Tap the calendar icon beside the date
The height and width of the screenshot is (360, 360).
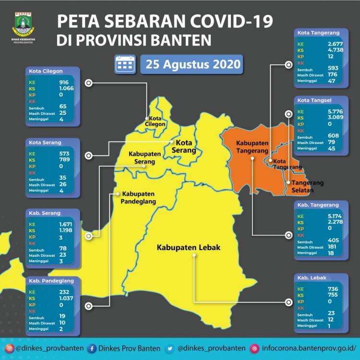[125, 64]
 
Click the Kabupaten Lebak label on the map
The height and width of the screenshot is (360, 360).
[188, 248]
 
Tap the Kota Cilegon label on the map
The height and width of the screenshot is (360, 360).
[157, 121]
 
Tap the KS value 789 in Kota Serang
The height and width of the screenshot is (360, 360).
[65, 160]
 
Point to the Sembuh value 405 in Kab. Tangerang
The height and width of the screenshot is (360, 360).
[332, 240]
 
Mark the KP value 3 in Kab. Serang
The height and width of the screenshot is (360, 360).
[61, 238]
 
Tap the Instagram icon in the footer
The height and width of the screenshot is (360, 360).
[10, 348]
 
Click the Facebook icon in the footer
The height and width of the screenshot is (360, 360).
[91, 348]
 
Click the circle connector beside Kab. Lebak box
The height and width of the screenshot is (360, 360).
[288, 302]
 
